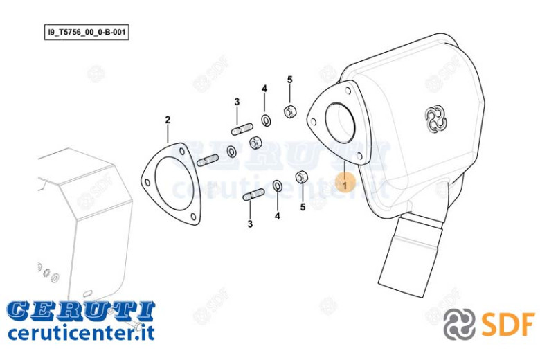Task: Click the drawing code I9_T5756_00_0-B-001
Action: [x=87, y=33]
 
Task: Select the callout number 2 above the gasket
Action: [x=168, y=120]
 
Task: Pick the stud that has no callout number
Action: [x=207, y=160]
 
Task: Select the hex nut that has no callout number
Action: [x=255, y=143]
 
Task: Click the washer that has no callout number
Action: [x=231, y=151]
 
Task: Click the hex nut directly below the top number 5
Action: [x=289, y=111]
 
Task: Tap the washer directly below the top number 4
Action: [x=266, y=120]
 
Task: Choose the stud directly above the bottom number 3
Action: [x=254, y=195]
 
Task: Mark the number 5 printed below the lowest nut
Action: [x=303, y=207]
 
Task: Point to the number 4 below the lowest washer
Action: [x=277, y=216]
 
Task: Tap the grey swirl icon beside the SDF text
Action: [x=459, y=324]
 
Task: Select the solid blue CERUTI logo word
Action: [x=81, y=310]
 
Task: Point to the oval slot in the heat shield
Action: [x=87, y=293]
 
